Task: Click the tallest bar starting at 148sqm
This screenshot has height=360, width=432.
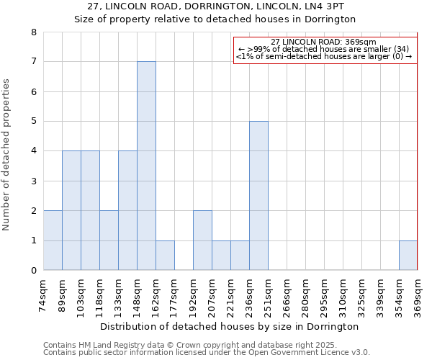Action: (x=146, y=166)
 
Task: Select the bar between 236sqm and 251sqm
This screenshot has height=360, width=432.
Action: (x=258, y=196)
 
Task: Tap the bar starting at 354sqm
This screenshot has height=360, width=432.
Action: (x=408, y=256)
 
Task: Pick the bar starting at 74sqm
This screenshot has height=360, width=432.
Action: (x=53, y=240)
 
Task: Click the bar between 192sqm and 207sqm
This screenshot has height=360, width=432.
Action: (x=202, y=240)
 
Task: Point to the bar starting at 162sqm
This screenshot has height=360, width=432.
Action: (x=165, y=256)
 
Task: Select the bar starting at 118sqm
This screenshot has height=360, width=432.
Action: (x=109, y=240)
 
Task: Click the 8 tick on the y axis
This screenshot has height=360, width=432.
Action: (x=33, y=32)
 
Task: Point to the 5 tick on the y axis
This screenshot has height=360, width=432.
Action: (x=33, y=122)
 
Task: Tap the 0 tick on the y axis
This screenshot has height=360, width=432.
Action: (x=33, y=271)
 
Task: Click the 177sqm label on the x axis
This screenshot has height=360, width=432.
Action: (x=175, y=295)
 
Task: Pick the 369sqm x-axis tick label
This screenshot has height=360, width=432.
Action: (x=418, y=295)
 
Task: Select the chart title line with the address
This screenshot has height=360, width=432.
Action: (x=215, y=6)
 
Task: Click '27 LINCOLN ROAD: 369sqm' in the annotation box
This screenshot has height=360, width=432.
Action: (x=324, y=42)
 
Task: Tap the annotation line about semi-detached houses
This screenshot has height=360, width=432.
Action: (x=324, y=56)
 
